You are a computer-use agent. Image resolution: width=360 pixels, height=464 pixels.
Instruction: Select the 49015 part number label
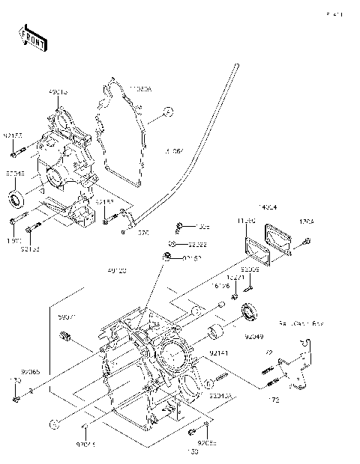[58, 92]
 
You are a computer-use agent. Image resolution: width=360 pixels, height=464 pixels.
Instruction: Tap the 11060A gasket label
[139, 88]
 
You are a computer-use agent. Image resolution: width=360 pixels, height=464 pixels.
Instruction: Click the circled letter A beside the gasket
[168, 112]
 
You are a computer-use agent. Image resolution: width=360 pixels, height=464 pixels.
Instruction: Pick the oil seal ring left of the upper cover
[16, 200]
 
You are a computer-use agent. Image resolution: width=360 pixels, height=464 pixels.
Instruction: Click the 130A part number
[307, 222]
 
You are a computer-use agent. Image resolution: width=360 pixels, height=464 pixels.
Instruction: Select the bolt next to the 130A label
[307, 240]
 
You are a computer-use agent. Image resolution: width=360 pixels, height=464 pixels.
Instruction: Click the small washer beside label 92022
[172, 244]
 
